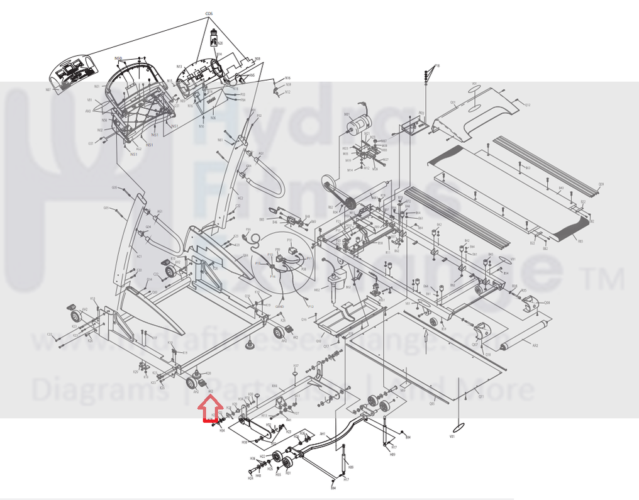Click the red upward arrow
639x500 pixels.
pos(207,411)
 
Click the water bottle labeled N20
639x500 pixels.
pos(214,39)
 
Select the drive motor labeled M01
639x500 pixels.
pos(358,123)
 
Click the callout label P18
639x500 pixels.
pos(437,65)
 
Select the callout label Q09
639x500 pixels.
pos(601,184)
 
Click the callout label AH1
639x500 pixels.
pos(323,433)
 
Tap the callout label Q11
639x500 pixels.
pos(481,397)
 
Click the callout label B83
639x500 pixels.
pos(580,241)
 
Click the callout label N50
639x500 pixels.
pos(118,58)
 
